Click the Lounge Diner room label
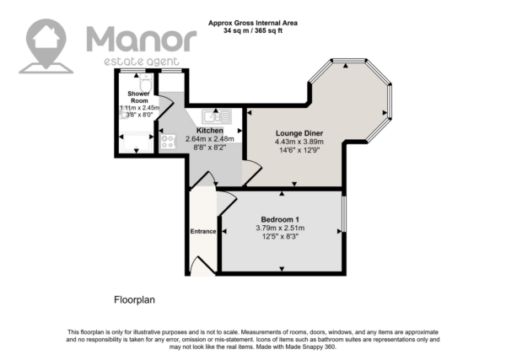(x=299, y=133)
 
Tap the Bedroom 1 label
(x=280, y=220)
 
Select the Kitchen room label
(x=210, y=131)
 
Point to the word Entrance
(x=203, y=231)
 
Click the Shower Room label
(x=139, y=97)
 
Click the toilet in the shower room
(x=146, y=83)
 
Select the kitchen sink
(x=217, y=117)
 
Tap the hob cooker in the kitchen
(x=168, y=142)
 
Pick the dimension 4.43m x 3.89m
(x=299, y=142)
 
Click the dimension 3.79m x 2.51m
(x=280, y=228)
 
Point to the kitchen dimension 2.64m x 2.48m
(x=210, y=139)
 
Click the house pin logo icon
(x=46, y=46)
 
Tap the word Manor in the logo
(x=142, y=39)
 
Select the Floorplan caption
(x=135, y=300)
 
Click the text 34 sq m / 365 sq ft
(x=253, y=31)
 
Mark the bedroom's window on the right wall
(x=344, y=213)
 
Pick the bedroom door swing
(x=228, y=202)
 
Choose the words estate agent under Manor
(x=142, y=62)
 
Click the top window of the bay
(x=348, y=61)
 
